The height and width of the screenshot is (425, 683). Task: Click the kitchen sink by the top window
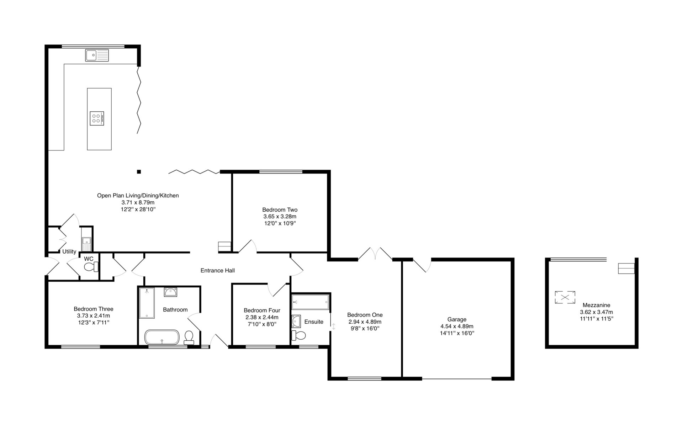click(97, 55)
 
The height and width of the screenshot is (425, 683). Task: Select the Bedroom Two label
click(280, 210)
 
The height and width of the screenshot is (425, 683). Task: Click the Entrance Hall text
click(218, 271)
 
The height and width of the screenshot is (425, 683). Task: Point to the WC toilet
click(92, 267)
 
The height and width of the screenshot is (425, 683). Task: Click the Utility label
click(69, 251)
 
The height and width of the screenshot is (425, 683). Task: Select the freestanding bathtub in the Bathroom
click(162, 337)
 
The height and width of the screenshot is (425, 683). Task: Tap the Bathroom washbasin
click(170, 292)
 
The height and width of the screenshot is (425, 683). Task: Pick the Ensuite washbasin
click(296, 321)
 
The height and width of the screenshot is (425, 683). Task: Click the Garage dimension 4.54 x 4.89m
click(457, 326)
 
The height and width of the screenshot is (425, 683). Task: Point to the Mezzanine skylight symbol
click(565, 297)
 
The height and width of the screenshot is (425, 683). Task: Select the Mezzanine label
click(596, 305)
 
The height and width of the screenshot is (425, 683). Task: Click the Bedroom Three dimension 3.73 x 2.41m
click(94, 316)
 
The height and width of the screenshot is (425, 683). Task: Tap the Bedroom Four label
click(262, 310)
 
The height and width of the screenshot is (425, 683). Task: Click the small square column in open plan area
click(139, 172)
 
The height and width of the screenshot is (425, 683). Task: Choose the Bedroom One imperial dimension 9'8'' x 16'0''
click(365, 329)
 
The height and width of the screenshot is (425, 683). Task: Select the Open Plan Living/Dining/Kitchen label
click(138, 196)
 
